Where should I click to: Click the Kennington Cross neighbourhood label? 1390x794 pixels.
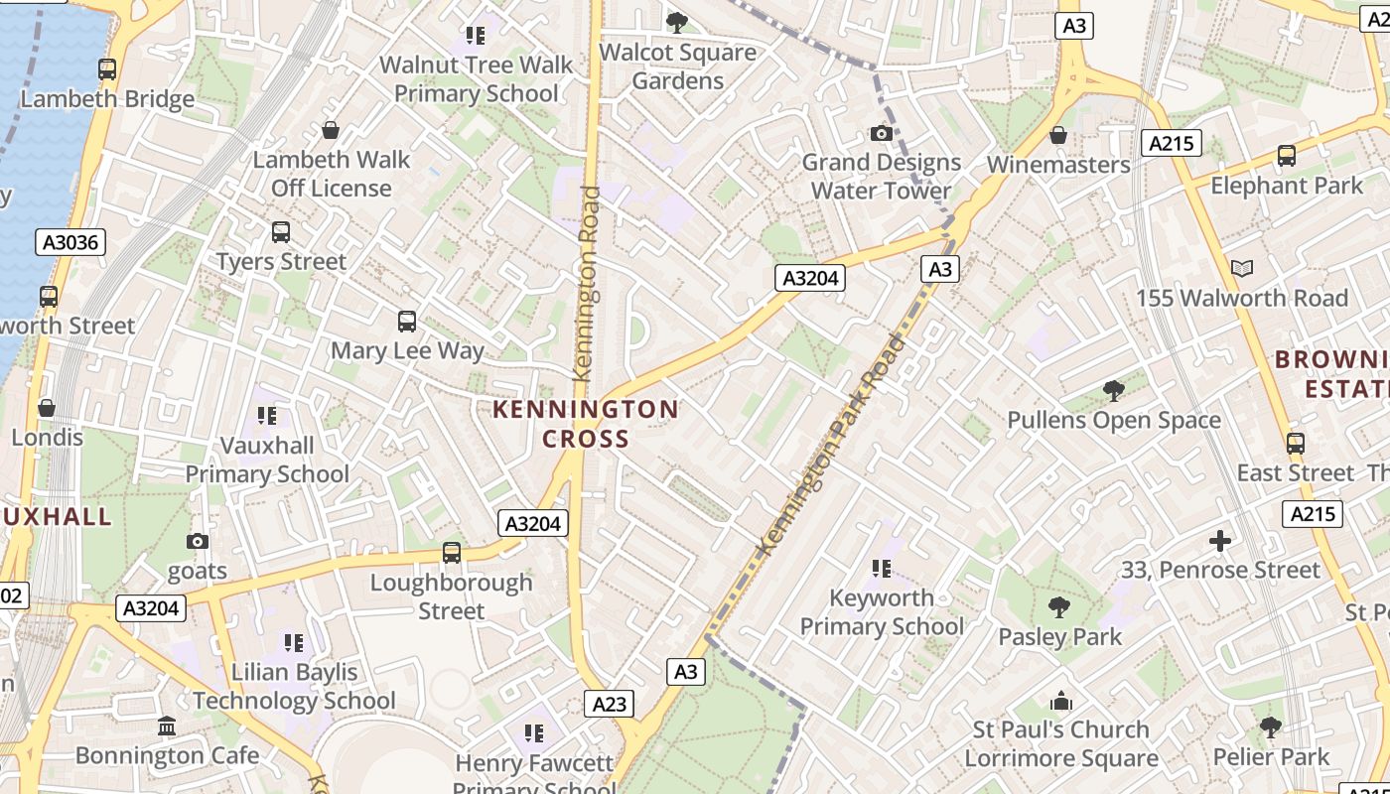(x=586, y=424)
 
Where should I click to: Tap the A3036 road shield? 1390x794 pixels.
(x=73, y=242)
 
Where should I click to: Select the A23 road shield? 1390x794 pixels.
(x=609, y=704)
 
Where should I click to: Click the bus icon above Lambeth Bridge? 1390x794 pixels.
(x=107, y=69)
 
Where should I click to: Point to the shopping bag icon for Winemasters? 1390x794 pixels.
(x=1058, y=135)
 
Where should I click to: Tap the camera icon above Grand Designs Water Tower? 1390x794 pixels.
(x=881, y=133)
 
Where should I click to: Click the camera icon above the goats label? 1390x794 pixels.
(x=198, y=541)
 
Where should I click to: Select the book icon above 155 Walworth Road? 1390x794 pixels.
(x=1241, y=268)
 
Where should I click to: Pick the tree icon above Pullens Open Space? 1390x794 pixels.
(x=1113, y=390)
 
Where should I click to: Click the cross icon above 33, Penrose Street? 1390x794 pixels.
(x=1220, y=541)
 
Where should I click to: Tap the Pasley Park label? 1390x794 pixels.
(x=1059, y=637)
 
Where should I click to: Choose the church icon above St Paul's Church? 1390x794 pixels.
(x=1060, y=701)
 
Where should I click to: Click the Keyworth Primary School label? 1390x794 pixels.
(x=882, y=612)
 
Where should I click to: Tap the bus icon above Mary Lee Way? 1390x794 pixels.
(x=407, y=322)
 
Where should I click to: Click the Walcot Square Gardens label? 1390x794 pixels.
(x=678, y=66)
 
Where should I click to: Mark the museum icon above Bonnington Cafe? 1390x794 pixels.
(x=167, y=726)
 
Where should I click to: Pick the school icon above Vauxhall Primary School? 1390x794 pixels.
(x=266, y=416)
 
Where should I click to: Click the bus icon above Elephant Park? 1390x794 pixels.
(x=1287, y=156)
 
